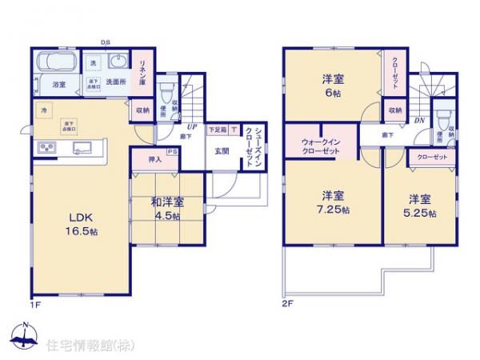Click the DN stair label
click(419, 121)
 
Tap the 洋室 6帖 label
click(334, 85)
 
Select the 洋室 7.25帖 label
click(333, 203)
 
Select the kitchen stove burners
click(46, 147)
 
